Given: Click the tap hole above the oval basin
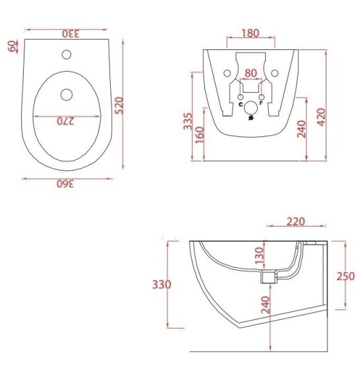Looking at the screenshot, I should click(x=67, y=53).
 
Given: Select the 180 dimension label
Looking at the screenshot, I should click(x=250, y=34).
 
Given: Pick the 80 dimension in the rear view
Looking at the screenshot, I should click(x=250, y=73).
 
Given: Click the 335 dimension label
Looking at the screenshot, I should click(x=187, y=122).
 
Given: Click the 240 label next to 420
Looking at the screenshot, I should click(x=301, y=128).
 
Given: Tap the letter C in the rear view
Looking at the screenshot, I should click(x=240, y=104).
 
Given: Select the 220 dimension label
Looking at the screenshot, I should click(x=296, y=221).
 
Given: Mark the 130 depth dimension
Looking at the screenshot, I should click(x=258, y=254).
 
